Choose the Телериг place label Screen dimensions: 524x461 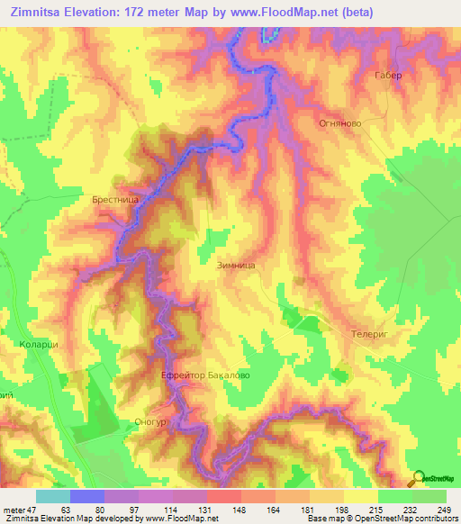pyautogui.click(x=367, y=332)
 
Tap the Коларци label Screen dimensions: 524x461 pyautogui.click(x=38, y=343)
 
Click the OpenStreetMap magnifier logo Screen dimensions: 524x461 pyautogui.click(x=418, y=477)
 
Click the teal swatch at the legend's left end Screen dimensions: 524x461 pyautogui.click(x=53, y=496)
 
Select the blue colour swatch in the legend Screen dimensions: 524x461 pyautogui.click(x=87, y=496)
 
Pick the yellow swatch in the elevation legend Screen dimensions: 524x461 pyautogui.click(x=360, y=496)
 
